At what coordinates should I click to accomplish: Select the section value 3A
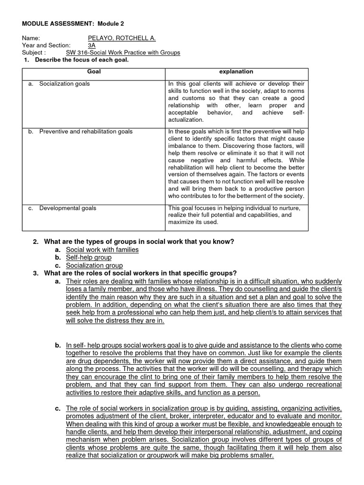pyautogui.click(x=92, y=45)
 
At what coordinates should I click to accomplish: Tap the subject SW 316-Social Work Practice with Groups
pyautogui.click(x=123, y=53)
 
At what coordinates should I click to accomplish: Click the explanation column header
pyautogui.click(x=236, y=72)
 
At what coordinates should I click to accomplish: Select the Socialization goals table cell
pyautogui.click(x=64, y=84)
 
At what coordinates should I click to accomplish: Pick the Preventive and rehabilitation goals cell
pyautogui.click(x=86, y=131)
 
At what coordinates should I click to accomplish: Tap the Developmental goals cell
pyautogui.click(x=67, y=208)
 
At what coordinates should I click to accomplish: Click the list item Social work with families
pyautogui.click(x=102, y=250)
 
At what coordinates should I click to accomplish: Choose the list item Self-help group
pyautogui.click(x=89, y=257)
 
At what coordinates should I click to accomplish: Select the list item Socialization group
pyautogui.click(x=94, y=265)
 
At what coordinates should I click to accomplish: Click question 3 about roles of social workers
pyautogui.click(x=140, y=273)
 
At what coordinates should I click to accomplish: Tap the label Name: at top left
pyautogui.click(x=31, y=38)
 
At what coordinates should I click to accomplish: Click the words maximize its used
pyautogui.click(x=193, y=222)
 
